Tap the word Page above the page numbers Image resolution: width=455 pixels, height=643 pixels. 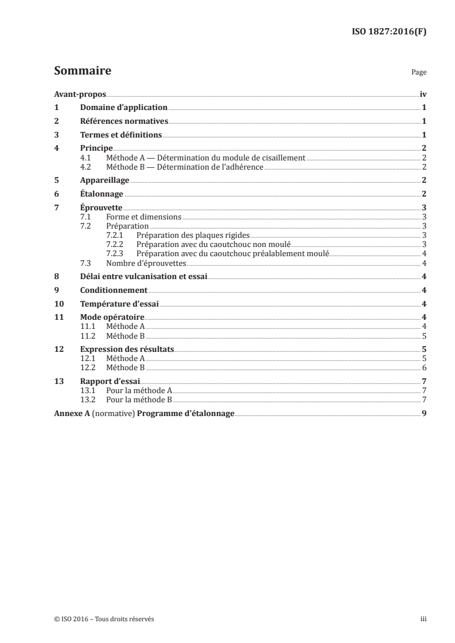pos(419,73)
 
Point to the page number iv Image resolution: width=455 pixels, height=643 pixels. pos(422,95)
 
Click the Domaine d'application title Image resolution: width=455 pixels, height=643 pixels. pos(124,108)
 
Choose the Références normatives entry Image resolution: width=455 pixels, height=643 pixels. pos(124,121)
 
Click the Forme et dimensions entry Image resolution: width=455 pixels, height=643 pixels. pos(143,217)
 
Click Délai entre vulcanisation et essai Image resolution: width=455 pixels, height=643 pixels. pos(143,277)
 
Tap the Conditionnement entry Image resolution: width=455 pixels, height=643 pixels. pos(114,291)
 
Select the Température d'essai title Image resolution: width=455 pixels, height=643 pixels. pos(119,304)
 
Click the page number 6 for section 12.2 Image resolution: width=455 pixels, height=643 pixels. pos(423,368)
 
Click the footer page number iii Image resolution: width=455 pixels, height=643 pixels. pos(423,619)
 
